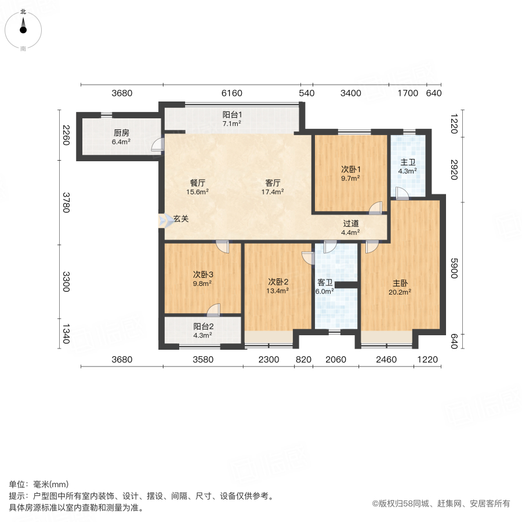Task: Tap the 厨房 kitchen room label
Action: (x=121, y=132)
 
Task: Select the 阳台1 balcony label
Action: (x=232, y=115)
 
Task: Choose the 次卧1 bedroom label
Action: (x=350, y=169)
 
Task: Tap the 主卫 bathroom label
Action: (x=408, y=162)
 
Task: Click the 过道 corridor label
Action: (x=350, y=223)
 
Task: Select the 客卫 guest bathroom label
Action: (x=325, y=283)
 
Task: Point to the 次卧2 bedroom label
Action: (x=278, y=282)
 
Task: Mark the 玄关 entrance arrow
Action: (x=162, y=220)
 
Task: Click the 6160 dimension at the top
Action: (x=231, y=93)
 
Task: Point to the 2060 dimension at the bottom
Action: (x=335, y=360)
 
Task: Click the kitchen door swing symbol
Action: (x=157, y=145)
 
